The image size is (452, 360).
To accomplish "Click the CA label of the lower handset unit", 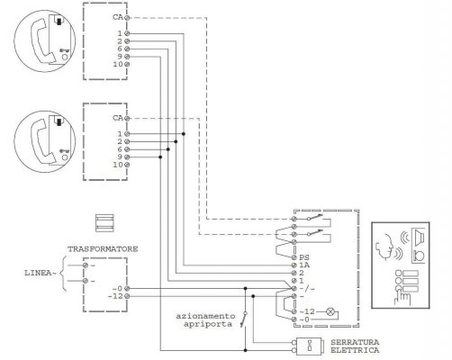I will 117,118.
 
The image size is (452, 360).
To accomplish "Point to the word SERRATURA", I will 353,341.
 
